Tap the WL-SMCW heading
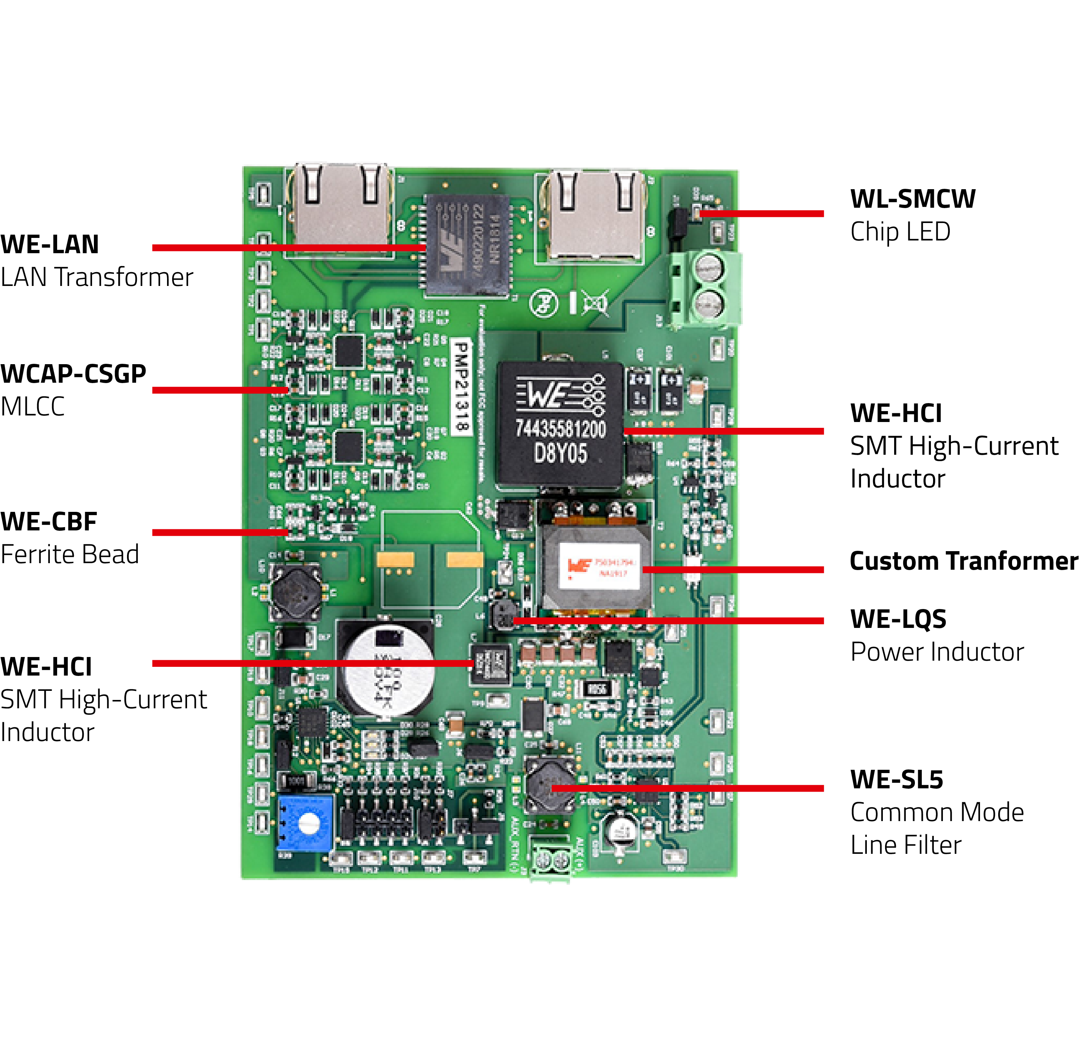(x=912, y=199)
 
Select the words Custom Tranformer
(x=963, y=561)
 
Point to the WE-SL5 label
(x=896, y=779)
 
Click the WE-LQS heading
(x=898, y=619)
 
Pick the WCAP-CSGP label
(x=73, y=374)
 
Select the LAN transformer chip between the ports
(x=467, y=245)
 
